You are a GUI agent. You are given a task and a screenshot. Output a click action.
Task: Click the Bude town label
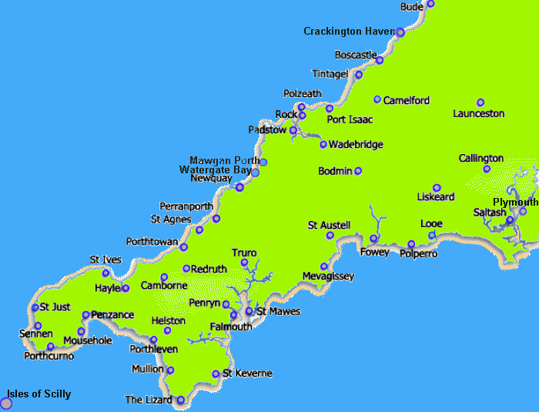tap(412, 7)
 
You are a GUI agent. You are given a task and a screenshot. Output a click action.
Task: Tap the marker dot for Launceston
tap(480, 102)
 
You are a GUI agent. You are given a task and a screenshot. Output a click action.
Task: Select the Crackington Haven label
tap(348, 32)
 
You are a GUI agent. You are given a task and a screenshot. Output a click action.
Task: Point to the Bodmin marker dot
tap(358, 171)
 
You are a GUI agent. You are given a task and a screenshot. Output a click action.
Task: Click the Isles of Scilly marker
tap(7, 403)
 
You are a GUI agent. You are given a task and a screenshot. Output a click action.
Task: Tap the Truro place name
tap(244, 253)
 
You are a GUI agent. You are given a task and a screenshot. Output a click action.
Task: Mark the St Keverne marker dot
tap(216, 374)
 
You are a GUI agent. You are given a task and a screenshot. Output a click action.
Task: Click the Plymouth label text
tap(515, 202)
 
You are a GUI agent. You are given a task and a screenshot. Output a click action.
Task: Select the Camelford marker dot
tap(377, 99)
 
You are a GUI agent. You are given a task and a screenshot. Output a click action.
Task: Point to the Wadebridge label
tap(355, 144)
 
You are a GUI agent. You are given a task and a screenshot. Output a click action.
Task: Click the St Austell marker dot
tap(330, 236)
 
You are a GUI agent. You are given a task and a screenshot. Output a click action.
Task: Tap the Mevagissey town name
tap(328, 276)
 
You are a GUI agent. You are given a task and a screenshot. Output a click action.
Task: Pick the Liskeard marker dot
tap(437, 188)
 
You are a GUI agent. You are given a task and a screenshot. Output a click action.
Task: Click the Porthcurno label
tap(49, 356)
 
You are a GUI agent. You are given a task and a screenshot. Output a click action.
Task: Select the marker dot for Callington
tap(487, 169)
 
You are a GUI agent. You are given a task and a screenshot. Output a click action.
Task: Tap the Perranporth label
tap(186, 206)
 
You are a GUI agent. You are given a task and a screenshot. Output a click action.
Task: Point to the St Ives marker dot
tap(106, 273)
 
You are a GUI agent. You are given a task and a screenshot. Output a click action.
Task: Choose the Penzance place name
tap(112, 315)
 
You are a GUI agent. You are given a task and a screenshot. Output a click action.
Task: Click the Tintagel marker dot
tap(359, 75)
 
